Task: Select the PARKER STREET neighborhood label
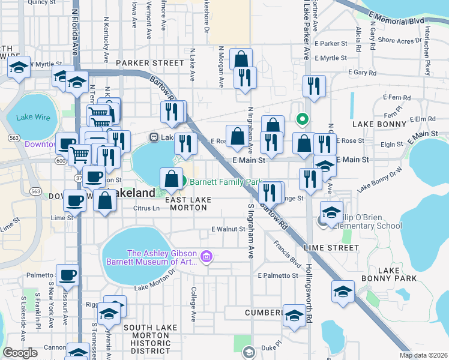click(x=149, y=62)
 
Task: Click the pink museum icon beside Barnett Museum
click(x=207, y=257)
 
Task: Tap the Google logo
click(x=20, y=353)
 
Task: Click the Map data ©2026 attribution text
click(x=423, y=355)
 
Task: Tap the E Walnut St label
click(x=229, y=229)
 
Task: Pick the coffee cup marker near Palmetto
click(x=67, y=276)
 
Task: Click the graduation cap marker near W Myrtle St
click(x=19, y=68)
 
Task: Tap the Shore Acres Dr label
click(x=397, y=41)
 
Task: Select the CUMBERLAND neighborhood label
click(x=264, y=313)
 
